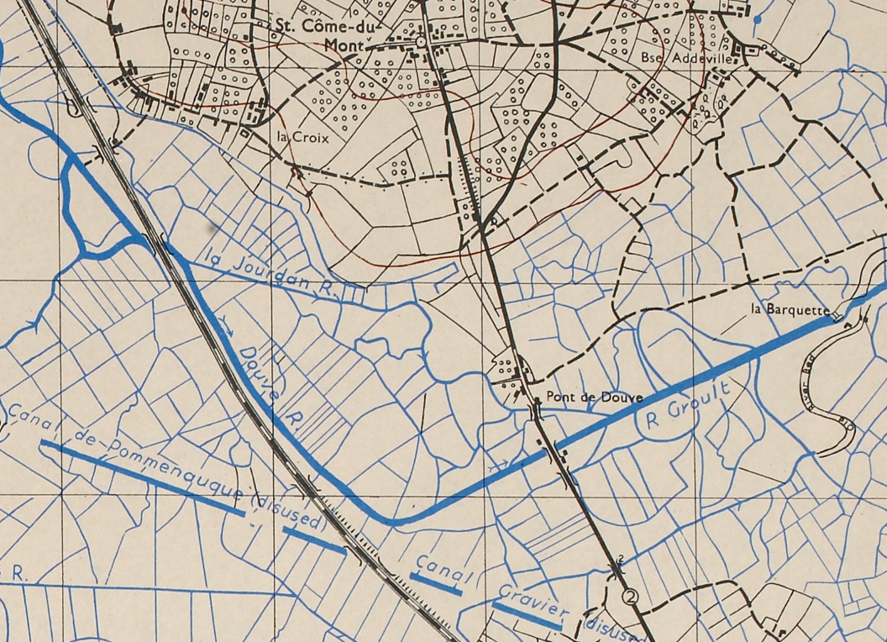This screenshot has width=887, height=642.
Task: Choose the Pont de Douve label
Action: [x=593, y=397]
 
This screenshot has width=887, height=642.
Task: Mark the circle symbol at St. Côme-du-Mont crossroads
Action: [x=420, y=41]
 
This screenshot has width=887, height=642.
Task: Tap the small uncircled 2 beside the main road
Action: [x=621, y=559]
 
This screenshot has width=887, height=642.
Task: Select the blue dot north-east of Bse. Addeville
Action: [x=758, y=17]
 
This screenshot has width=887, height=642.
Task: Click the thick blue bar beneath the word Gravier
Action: [x=527, y=616]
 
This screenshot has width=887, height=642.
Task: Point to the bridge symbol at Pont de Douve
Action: [x=535, y=412]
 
